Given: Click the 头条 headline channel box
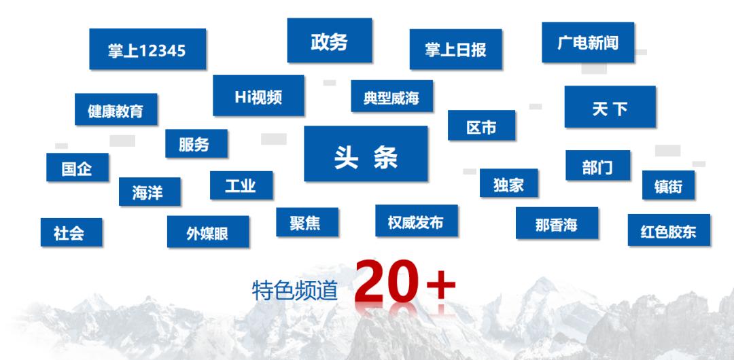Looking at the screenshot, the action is click(x=366, y=153).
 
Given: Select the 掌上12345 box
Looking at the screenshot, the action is click(x=147, y=49).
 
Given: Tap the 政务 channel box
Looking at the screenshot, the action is click(x=330, y=40).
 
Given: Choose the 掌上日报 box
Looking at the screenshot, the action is click(x=455, y=49).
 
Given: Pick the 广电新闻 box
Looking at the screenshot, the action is click(x=588, y=42).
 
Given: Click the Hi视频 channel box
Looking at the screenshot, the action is click(x=258, y=96).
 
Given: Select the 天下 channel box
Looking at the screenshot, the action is click(x=610, y=107).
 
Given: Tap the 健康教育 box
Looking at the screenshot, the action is click(x=116, y=109).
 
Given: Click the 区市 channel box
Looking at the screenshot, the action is click(x=481, y=126).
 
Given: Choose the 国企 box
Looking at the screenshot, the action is click(x=77, y=167).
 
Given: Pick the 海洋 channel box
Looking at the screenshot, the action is click(x=150, y=192).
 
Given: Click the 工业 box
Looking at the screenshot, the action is click(x=241, y=185).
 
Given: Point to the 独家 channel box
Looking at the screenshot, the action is click(x=509, y=183).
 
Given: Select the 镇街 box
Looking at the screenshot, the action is click(x=668, y=185).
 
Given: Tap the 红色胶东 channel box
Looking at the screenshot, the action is click(x=669, y=230).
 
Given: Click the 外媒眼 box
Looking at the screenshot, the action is click(x=208, y=232).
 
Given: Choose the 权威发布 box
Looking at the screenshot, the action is click(x=416, y=221).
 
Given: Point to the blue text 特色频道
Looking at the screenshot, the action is click(x=295, y=290).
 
